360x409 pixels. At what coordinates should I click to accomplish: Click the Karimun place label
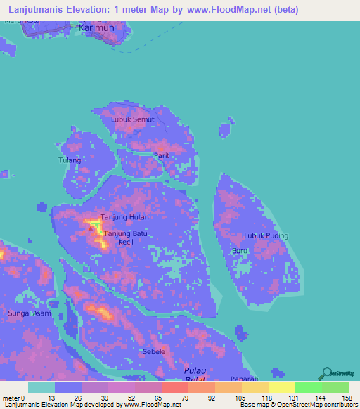pyautogui.click(x=96, y=27)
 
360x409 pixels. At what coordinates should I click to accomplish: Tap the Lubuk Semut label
pyautogui.click(x=132, y=119)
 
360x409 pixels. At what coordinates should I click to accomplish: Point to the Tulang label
pyautogui.click(x=70, y=160)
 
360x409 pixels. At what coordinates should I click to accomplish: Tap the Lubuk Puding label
pyautogui.click(x=266, y=235)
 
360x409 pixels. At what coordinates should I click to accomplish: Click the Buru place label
pyautogui.click(x=239, y=250)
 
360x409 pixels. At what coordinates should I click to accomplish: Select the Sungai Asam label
pyautogui.click(x=29, y=313)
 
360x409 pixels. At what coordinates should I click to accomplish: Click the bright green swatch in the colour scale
pyautogui.click(x=309, y=387)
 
